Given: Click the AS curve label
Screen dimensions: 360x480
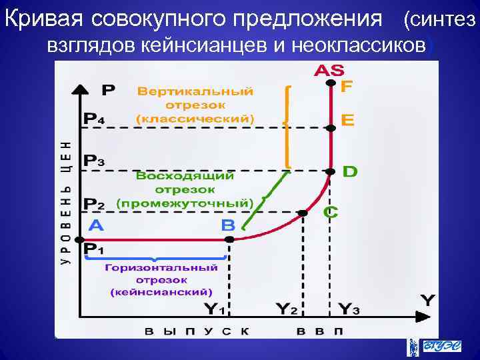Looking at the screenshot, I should pyautogui.click(x=329, y=71).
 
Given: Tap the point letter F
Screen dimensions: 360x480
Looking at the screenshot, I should pyautogui.click(x=347, y=87).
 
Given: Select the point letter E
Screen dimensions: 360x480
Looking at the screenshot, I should pyautogui.click(x=347, y=120).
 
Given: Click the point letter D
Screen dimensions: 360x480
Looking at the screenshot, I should pyautogui.click(x=349, y=171).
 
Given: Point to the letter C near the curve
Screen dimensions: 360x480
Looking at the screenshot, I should pyautogui.click(x=331, y=212).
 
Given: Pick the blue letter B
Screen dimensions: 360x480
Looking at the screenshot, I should pyautogui.click(x=228, y=225).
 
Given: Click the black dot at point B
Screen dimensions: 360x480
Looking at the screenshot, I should pyautogui.click(x=229, y=239).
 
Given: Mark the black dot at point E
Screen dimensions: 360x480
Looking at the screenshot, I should pyautogui.click(x=330, y=128).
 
